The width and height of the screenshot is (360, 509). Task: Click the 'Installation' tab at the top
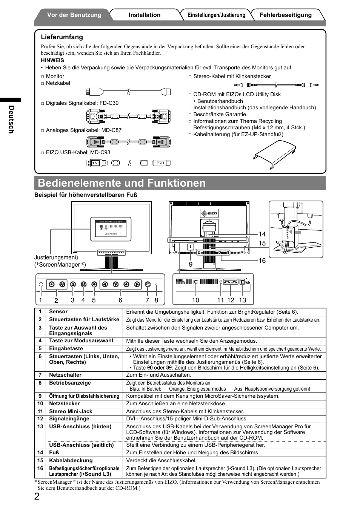144,15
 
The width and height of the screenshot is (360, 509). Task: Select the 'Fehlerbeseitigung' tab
286,15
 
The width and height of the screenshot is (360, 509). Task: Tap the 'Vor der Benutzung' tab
74,15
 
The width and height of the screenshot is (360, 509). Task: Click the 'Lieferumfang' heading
62,37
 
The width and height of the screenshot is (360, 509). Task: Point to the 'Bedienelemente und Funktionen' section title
122,183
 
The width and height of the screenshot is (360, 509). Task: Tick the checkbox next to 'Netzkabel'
43,83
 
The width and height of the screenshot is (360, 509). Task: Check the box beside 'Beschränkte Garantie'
190,115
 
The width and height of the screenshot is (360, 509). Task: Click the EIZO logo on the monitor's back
209,213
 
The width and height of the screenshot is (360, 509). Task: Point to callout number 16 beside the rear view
262,261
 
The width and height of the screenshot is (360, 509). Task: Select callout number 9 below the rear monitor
191,264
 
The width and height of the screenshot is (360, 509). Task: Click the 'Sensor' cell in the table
58,312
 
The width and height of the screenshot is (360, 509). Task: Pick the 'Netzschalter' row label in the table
65,375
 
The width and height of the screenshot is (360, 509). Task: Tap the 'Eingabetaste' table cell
66,349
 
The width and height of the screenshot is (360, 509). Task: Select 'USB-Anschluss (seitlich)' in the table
81,445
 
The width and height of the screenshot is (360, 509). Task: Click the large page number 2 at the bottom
37,496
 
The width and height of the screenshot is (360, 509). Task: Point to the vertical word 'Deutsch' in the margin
11,119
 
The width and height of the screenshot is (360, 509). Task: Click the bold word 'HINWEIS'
52,60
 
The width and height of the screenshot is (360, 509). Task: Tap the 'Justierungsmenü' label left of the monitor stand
56,258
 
